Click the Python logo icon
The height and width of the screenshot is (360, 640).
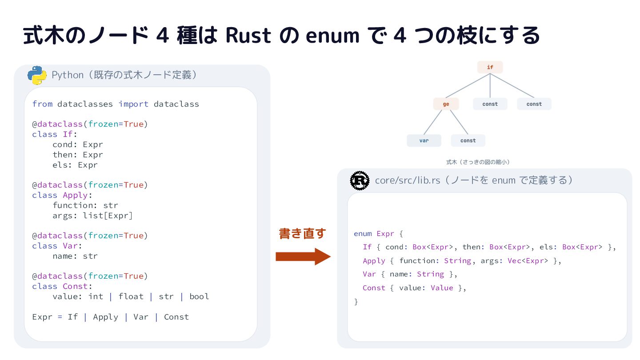click(x=37, y=75)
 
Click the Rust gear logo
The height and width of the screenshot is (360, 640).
click(x=360, y=180)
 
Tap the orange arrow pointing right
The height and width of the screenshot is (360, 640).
click(x=303, y=256)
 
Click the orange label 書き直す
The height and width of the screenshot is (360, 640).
click(x=302, y=233)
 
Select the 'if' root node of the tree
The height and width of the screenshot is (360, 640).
click(x=490, y=67)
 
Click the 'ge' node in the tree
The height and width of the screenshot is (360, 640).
click(x=446, y=104)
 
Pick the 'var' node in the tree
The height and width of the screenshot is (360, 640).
click(x=424, y=140)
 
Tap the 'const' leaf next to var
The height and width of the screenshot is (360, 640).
click(x=468, y=140)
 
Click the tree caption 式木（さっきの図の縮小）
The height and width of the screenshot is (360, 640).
click(x=478, y=162)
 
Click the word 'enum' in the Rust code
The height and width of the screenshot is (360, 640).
click(x=363, y=234)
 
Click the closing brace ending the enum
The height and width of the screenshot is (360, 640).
click(x=356, y=302)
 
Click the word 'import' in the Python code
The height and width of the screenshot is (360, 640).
click(x=133, y=104)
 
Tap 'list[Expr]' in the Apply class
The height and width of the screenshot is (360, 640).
click(x=108, y=216)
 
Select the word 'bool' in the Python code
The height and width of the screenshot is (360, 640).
click(x=199, y=296)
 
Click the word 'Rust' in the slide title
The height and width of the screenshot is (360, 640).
click(x=248, y=36)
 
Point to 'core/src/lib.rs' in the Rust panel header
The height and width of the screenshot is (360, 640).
click(x=408, y=180)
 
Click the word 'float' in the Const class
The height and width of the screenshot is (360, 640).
click(x=131, y=296)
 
